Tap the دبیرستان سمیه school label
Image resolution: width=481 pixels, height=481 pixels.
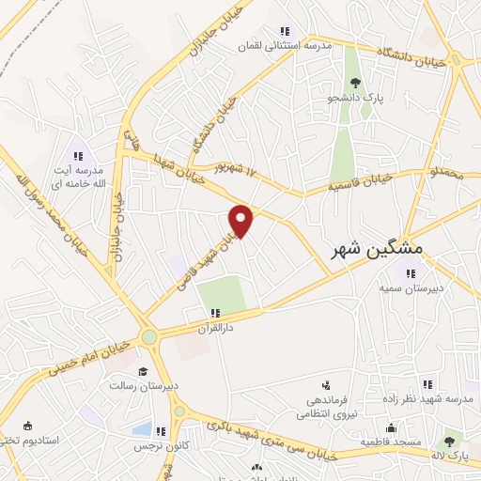point(409,290)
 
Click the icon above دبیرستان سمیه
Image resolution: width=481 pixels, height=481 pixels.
point(409,274)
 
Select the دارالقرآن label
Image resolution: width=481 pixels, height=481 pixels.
point(215,328)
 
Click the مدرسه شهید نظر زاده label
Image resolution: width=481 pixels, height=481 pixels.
point(427,399)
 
